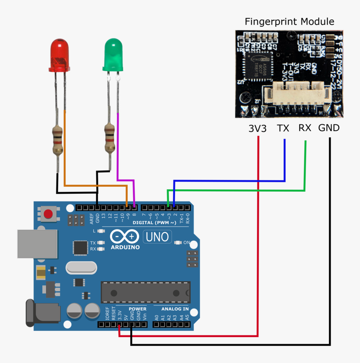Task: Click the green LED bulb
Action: (112, 54)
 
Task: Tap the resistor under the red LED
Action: (57, 140)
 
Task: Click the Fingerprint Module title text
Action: (289, 22)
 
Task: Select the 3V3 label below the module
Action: (257, 129)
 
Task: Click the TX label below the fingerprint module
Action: (283, 129)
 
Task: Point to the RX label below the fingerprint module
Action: (305, 128)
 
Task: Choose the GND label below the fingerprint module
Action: (329, 128)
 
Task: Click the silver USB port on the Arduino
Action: (37, 243)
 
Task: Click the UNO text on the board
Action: (157, 237)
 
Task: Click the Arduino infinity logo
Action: (125, 237)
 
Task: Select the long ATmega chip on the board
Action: (145, 292)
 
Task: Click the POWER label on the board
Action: (137, 309)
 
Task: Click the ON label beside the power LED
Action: (187, 242)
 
